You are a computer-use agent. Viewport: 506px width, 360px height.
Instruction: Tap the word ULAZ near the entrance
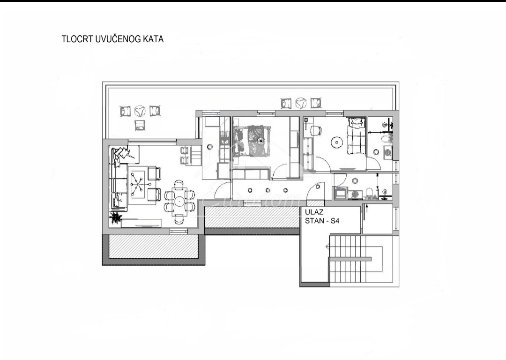point(314,212)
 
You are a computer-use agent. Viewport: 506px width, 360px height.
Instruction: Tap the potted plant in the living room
point(115,218)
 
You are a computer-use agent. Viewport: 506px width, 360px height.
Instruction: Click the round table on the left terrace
point(140,111)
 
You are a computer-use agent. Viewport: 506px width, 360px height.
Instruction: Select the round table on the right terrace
point(301,103)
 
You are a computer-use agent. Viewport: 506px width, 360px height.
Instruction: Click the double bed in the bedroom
point(254,141)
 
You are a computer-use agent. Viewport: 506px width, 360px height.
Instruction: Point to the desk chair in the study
point(315,130)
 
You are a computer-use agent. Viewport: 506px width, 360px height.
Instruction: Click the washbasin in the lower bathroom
point(370,193)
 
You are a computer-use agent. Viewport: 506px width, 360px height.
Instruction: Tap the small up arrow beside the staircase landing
point(366,209)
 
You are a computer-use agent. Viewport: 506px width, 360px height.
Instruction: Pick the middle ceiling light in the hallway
point(268,190)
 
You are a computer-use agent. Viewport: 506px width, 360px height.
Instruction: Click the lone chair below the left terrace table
point(140,125)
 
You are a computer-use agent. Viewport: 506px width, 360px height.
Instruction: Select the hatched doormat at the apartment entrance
point(315,203)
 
